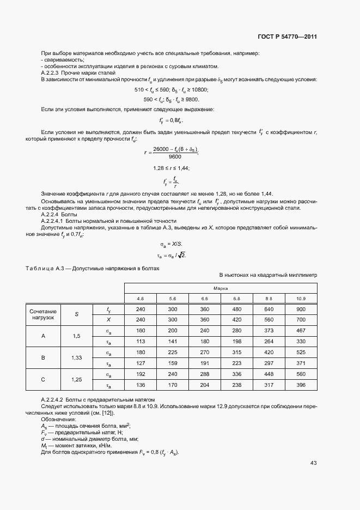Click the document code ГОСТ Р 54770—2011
point(287,37)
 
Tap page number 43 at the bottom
point(313,463)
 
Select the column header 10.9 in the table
point(301,299)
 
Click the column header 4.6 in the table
point(141,299)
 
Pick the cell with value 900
point(301,309)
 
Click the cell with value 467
point(301,331)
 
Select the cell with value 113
point(141,342)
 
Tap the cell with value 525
point(301,353)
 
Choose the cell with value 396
point(301,386)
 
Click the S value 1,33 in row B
point(77,358)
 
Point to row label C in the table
point(43,380)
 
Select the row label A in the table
point(43,336)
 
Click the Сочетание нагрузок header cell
point(43,314)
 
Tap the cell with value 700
point(301,320)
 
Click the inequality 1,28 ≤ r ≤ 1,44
point(172,168)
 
